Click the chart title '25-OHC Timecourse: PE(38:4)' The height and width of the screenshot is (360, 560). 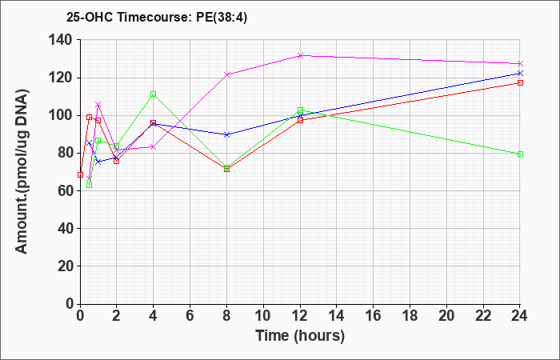point(157,18)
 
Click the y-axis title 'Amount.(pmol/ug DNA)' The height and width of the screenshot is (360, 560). point(22,171)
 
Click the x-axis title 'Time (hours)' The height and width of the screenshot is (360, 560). point(300,336)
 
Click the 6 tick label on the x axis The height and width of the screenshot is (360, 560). point(190,316)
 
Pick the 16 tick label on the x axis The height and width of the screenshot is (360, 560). point(374,316)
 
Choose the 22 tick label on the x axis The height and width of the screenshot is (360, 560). point(483,316)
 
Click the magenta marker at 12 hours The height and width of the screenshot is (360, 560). point(300,55)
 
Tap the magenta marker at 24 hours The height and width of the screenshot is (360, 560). point(520,63)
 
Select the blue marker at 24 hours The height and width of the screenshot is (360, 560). point(520,74)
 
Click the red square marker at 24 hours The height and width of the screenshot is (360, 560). point(520,83)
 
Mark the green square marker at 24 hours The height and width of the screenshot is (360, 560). point(520,154)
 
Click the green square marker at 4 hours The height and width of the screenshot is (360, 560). point(154,94)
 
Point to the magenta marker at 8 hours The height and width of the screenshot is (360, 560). point(226,74)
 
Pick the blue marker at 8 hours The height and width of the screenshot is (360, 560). point(226,134)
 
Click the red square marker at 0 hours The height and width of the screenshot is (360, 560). point(80,174)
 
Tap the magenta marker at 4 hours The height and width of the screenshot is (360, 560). point(154,146)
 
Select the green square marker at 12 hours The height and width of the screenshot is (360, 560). point(300,110)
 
